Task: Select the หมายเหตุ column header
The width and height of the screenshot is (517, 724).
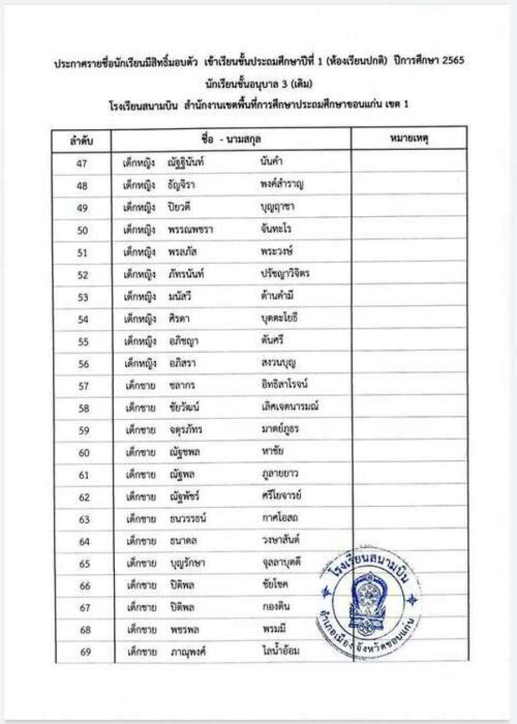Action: pos(408,139)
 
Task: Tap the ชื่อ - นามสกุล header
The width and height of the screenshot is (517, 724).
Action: pos(232,139)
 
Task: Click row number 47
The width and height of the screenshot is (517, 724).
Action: pos(82,163)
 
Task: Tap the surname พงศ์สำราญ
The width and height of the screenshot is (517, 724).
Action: pos(282,185)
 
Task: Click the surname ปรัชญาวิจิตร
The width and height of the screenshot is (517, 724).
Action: pos(285,274)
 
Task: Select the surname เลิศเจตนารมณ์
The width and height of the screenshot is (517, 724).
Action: pos(290,407)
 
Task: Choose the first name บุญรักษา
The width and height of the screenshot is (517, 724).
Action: pos(188,564)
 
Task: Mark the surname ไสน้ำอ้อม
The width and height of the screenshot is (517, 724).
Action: pos(280,652)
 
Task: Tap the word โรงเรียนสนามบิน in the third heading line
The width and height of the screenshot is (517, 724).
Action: pos(144,106)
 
